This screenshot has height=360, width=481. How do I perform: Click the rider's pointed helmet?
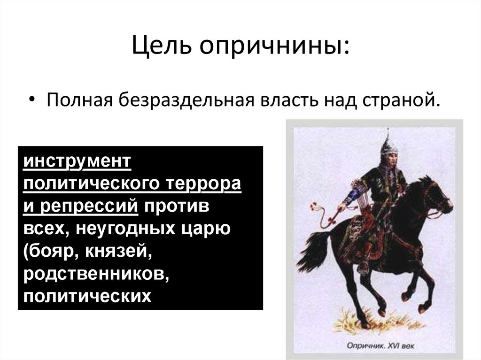388,143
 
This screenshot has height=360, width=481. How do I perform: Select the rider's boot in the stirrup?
363,268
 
